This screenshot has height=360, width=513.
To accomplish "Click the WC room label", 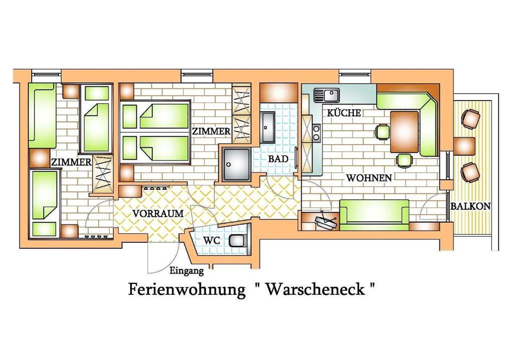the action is pos(211,240).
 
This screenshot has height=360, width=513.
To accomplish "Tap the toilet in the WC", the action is pos(237,240).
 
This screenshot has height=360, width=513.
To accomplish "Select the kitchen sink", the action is pos(327,95).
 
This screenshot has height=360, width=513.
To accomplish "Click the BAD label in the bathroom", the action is pos(279,159).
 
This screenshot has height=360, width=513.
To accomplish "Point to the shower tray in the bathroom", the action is pos(236,164).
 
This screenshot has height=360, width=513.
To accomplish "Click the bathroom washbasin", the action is pos(268,127).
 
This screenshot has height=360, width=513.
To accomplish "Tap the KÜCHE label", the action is pos(344,113).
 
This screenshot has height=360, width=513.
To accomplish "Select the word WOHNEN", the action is pos(369,178).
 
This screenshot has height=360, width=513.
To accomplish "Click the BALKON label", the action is pos(470,206).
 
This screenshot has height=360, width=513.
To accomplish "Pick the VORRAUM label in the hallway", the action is pos(158,213).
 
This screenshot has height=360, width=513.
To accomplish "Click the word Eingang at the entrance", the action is pos(186,271).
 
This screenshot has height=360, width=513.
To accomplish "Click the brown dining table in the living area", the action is pos(404,132).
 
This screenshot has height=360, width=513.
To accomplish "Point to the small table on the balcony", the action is pos(464,146).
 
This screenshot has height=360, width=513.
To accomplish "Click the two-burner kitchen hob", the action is pos(316,133).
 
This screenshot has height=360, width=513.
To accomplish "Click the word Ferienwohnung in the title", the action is pos(186,289).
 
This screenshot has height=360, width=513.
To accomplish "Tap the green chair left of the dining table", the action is pos(382,132).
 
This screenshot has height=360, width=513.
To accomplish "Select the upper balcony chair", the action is pos(470,118).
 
